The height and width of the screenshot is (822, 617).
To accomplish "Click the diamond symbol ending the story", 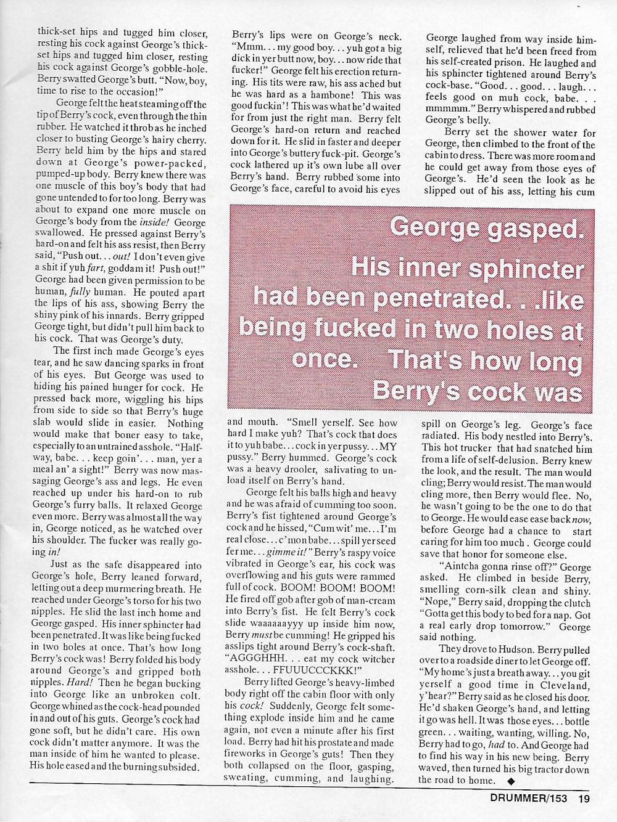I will pyautogui.click(x=509, y=779).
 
